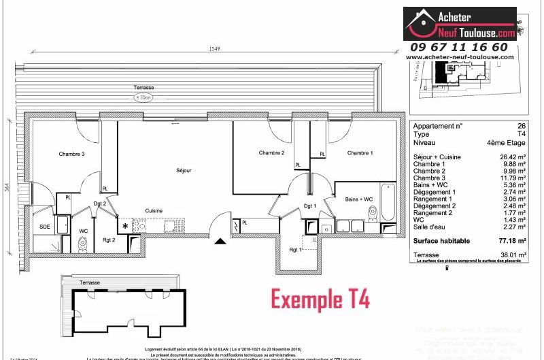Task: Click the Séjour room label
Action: click(x=183, y=170)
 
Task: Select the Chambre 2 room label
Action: click(x=272, y=152)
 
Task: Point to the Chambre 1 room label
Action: click(x=360, y=153)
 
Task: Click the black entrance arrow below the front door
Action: click(x=220, y=240)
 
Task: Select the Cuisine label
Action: click(x=153, y=211)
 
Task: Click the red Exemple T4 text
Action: click(x=320, y=298)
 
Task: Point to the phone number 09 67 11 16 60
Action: click(x=459, y=46)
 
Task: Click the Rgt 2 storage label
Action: click(x=109, y=239)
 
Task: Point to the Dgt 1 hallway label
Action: click(x=310, y=206)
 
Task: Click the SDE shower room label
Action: click(x=45, y=227)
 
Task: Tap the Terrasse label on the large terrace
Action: click(x=143, y=88)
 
